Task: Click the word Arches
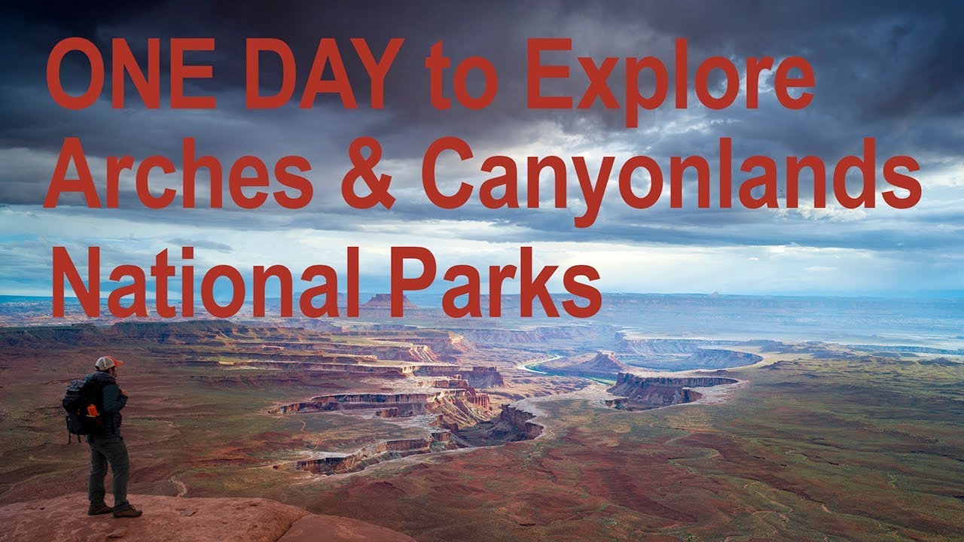pos(177,175)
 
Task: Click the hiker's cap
pos(108,363)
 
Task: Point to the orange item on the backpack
pos(93,411)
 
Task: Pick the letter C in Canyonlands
pos(450,175)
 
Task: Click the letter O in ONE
pos(76,73)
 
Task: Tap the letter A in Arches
pos(72,175)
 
